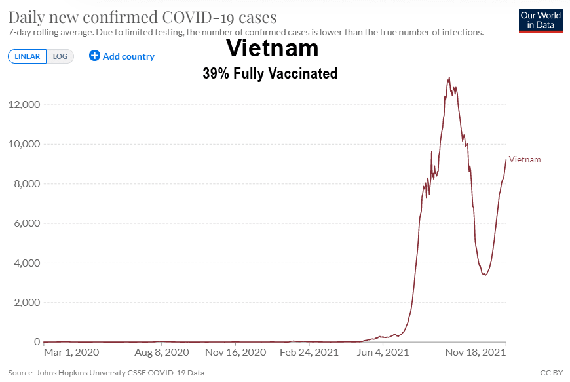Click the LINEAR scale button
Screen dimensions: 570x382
coord(28,56)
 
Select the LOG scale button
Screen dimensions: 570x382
coord(60,56)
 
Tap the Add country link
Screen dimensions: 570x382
coord(122,56)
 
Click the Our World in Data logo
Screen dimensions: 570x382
coord(541,21)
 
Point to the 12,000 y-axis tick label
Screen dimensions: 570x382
coord(24,105)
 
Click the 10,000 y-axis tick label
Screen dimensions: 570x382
coord(24,144)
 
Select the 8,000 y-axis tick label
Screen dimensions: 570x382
coord(27,183)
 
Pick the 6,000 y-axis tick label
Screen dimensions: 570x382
coord(27,223)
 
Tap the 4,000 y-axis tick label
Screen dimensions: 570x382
coord(27,263)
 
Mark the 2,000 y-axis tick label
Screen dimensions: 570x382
coord(27,303)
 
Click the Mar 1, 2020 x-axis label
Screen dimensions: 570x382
coord(71,353)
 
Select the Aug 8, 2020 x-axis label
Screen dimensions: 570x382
coord(162,353)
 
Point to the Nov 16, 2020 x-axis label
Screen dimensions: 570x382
coord(236,353)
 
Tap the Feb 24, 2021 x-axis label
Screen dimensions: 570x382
coord(309,353)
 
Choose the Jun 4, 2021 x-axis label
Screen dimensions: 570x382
coord(383,353)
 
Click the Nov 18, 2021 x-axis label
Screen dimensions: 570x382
coord(476,353)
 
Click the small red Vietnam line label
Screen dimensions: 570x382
coord(525,160)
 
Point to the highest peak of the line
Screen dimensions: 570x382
coord(449,77)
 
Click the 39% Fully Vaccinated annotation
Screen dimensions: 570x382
coord(270,73)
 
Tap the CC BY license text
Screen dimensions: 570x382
coord(552,373)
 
